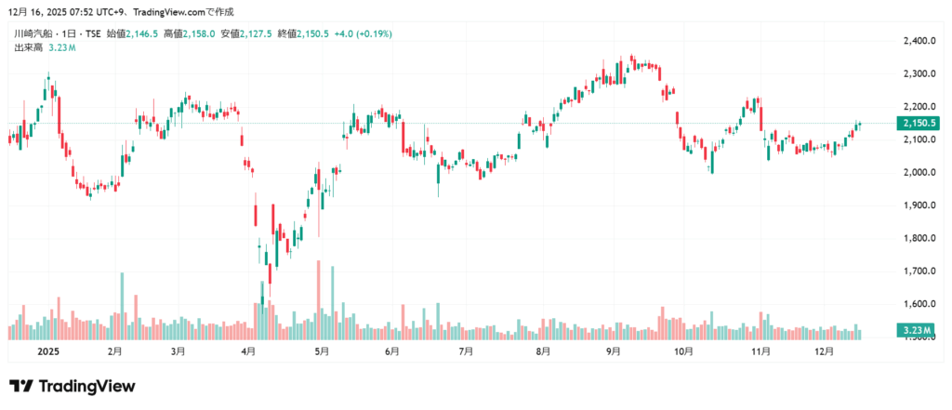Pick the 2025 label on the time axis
coord(46,352)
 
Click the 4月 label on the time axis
coord(248,352)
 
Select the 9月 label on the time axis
coord(613,352)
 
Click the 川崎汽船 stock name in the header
coord(33,33)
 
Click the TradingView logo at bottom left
coord(72,386)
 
